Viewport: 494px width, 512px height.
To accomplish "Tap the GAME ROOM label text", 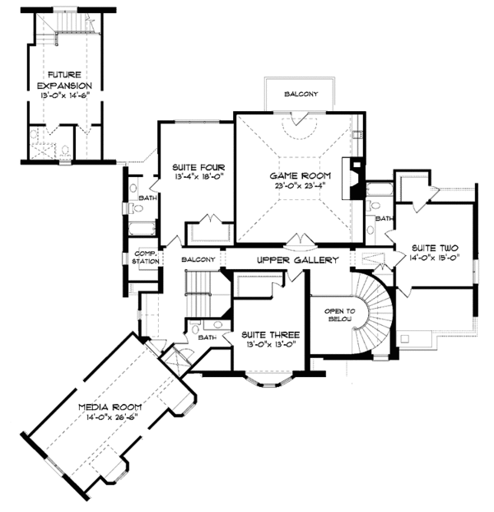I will point(300,175).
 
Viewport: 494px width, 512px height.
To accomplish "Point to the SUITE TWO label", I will point(435,247).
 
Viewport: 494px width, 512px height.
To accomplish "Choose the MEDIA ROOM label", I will point(110,407).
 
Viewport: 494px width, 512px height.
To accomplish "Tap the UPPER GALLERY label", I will point(298,260).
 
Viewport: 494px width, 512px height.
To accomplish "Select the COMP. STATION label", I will point(145,257).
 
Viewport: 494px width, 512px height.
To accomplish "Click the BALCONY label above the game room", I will point(301,93).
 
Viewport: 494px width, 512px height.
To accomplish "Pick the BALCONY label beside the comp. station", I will point(198,259).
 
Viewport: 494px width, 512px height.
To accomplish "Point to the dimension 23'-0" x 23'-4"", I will point(300,185).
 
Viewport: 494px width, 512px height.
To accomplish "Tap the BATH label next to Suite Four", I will point(148,198).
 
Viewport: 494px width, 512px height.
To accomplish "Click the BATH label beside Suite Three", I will point(207,337).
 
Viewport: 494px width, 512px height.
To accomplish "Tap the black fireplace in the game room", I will point(356,176).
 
